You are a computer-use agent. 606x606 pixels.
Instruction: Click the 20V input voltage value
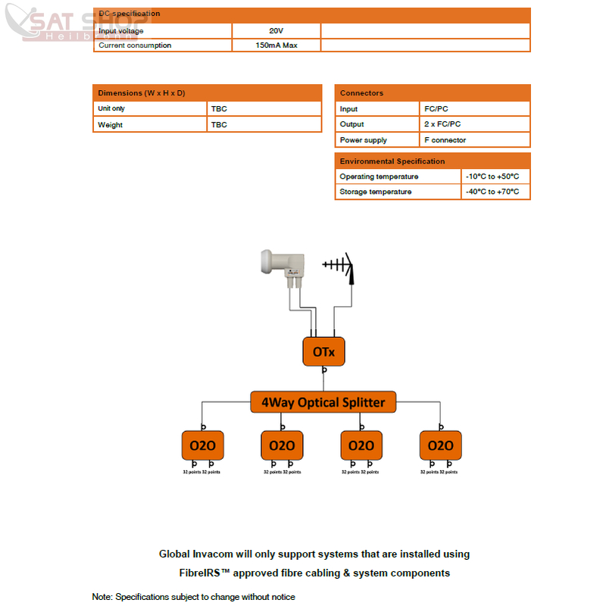point(276,30)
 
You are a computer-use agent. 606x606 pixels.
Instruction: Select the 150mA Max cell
point(276,45)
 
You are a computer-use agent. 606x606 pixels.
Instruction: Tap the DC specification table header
point(130,14)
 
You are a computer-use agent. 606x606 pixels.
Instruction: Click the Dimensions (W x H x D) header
point(142,93)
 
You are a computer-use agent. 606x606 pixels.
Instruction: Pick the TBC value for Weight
point(219,125)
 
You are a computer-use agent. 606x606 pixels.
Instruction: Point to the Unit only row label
point(111,109)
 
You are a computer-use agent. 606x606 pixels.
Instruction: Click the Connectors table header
point(361,93)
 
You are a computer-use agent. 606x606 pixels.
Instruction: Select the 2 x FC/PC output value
point(442,124)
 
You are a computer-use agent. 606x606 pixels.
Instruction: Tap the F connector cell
point(445,140)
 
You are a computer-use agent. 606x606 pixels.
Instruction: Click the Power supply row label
point(363,140)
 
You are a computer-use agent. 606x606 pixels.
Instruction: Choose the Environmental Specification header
point(392,161)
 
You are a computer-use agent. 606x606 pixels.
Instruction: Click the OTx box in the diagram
point(323,351)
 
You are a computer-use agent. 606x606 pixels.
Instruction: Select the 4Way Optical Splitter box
point(323,402)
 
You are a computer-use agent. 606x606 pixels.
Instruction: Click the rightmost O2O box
point(441,445)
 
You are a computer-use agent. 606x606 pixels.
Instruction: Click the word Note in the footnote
point(102,597)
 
